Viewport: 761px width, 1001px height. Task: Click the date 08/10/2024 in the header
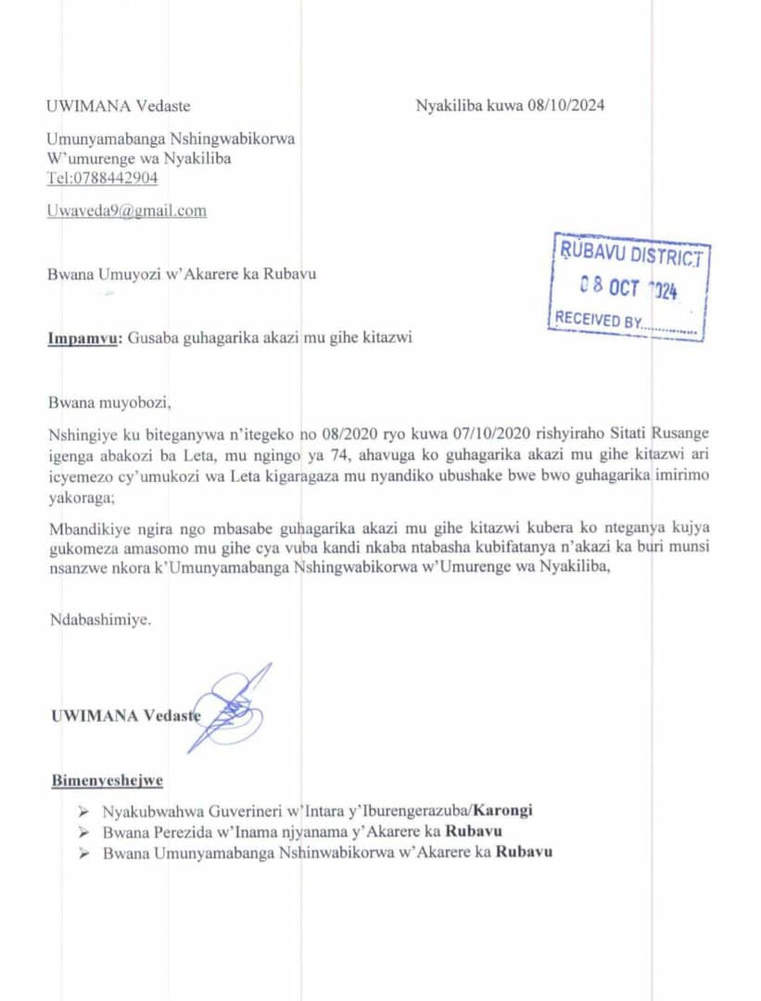[x=566, y=106]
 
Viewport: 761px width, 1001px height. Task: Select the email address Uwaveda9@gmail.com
[x=127, y=210]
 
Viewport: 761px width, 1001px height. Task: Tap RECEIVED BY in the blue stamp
[x=598, y=321]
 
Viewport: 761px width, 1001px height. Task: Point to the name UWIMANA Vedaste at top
[x=119, y=106]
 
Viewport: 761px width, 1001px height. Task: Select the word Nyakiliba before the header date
[x=450, y=106]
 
